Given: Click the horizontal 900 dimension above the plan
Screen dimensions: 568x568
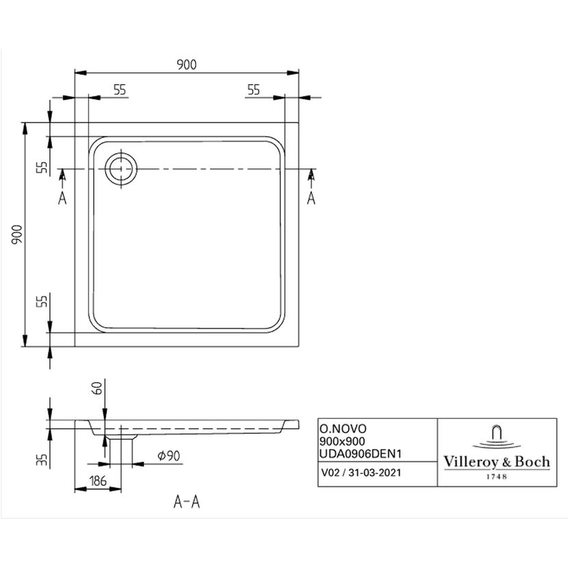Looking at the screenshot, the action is pos(187,64).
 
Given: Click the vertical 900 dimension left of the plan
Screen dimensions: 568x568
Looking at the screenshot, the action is pos(17,234).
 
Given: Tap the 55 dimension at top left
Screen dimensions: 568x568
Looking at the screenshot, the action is pos(120,90).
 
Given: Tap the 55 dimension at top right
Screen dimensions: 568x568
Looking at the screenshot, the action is pos(254,90).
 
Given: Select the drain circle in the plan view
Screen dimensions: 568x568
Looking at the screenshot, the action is pos(121,168).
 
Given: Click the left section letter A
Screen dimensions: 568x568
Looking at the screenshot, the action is pos(62,198).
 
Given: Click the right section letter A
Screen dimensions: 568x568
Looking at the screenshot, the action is pos(311,198).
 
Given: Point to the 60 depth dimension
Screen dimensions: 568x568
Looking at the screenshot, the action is pos(98,388).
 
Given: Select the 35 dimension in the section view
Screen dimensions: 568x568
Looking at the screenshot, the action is pos(42,459).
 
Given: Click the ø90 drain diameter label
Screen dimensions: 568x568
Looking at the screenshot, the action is pos(169,455).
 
